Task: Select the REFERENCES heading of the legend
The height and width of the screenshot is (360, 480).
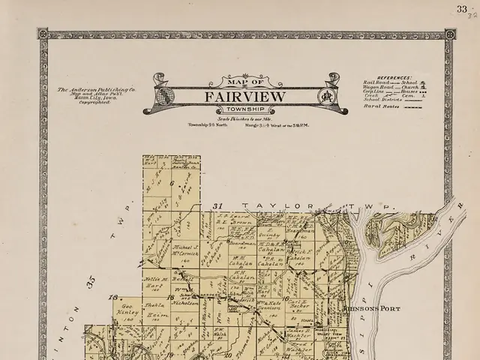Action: [394, 77]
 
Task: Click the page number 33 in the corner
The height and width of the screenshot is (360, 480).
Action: [461, 9]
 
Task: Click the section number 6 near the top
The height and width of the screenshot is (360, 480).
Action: [171, 184]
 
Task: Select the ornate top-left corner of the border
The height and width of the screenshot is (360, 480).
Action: [43, 34]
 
